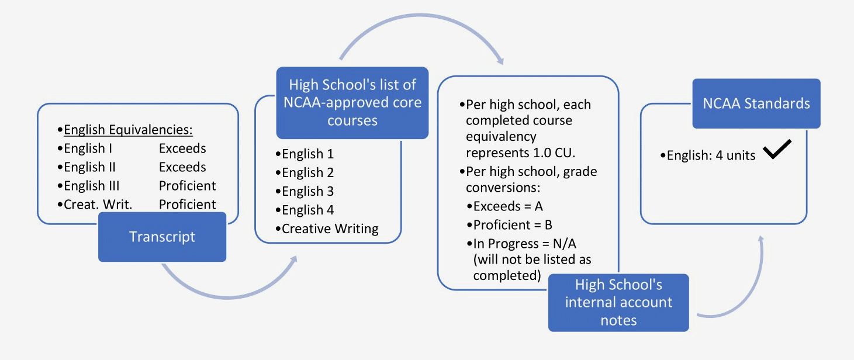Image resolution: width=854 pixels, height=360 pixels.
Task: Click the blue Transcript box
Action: coord(162,237)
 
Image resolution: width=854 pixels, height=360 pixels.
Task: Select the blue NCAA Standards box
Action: coord(756,103)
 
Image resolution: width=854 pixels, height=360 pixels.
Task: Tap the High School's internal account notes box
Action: coord(618,302)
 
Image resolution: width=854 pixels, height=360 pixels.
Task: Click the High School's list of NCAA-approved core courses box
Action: coord(352,103)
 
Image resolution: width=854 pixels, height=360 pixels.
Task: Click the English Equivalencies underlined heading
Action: coord(128,129)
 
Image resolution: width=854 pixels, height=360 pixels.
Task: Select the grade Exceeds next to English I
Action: coord(182,148)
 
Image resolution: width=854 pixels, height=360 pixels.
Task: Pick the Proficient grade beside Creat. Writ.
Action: coord(187,204)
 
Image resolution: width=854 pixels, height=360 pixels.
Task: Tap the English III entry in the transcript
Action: coord(92,186)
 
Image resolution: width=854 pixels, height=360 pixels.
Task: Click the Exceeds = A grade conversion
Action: coord(508,206)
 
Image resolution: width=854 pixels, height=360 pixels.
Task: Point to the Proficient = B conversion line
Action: coord(513,225)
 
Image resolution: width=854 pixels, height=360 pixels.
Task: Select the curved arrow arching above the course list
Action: coord(418,35)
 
